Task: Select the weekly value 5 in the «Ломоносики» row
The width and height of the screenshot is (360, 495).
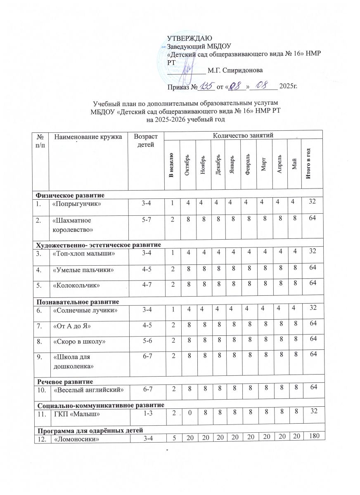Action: [171, 436]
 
